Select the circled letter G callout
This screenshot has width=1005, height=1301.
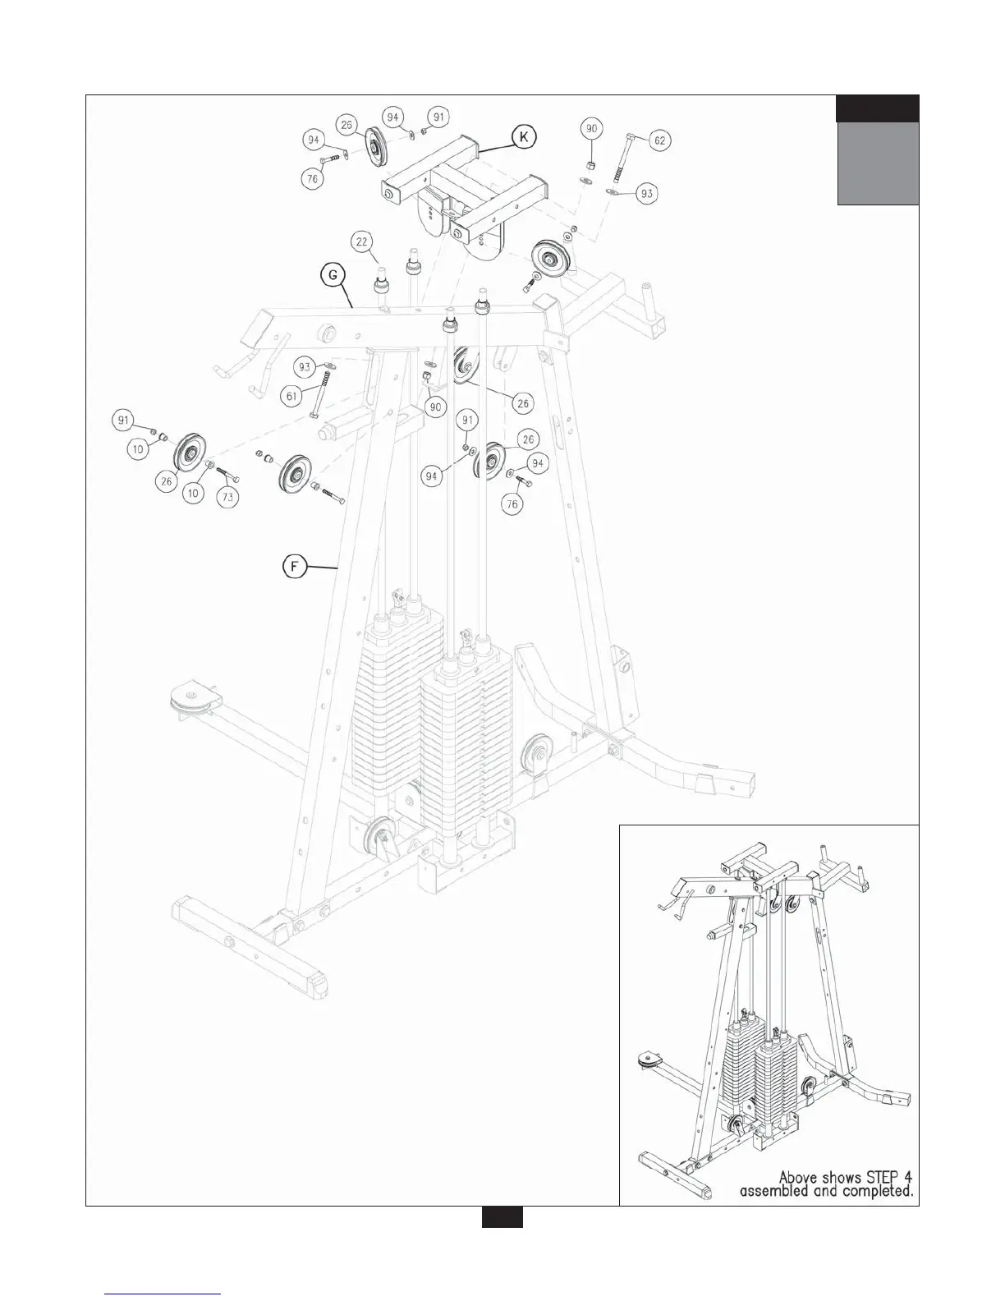pos(333,276)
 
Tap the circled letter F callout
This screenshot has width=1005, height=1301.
pos(294,567)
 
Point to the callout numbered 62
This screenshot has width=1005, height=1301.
pos(659,140)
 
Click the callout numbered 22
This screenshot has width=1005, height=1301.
pos(362,241)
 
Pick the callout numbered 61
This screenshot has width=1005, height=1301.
pos(290,396)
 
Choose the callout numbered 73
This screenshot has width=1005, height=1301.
pos(228,497)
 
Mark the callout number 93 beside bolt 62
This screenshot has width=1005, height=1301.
pos(648,193)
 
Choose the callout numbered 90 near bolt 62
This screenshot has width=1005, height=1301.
pos(592,129)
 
